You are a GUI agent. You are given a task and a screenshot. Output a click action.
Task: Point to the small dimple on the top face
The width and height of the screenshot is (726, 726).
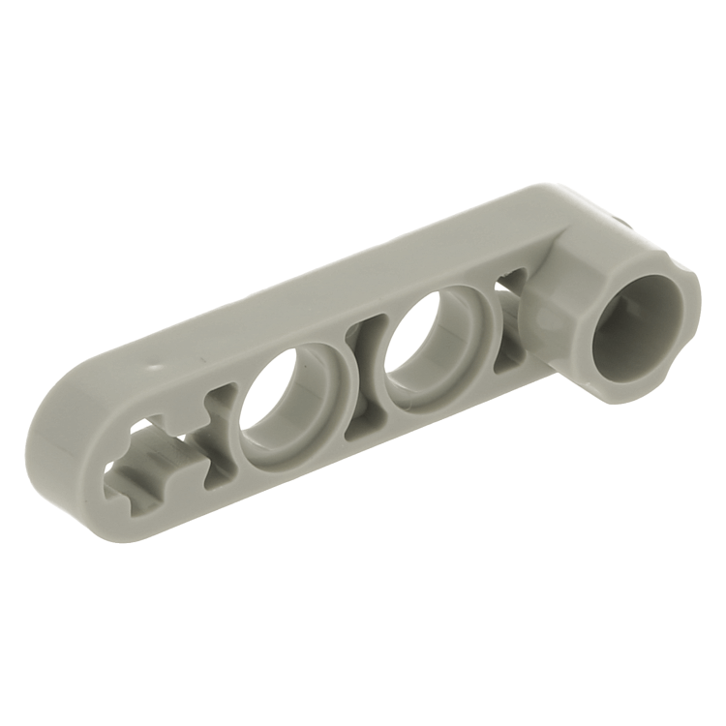pyautogui.click(x=158, y=369)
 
